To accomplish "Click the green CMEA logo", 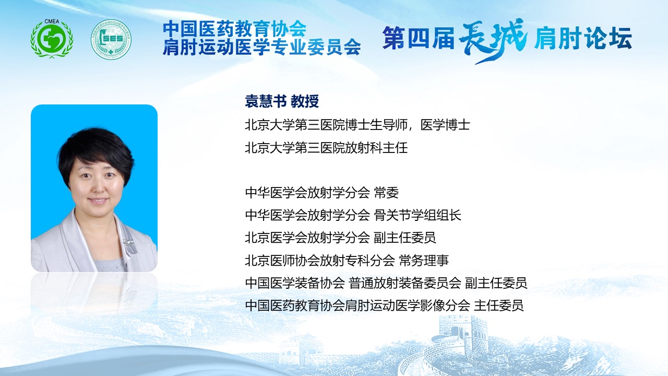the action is click(52, 39).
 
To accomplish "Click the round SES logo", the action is click(111, 39).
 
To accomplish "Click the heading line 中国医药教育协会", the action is click(235, 28).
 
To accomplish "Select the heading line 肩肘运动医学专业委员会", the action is click(262, 47).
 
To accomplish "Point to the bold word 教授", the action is click(305, 101).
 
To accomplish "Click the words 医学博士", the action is click(445, 125).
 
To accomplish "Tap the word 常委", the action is click(386, 193).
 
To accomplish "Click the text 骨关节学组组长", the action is click(417, 215).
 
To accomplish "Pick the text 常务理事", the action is click(424, 260).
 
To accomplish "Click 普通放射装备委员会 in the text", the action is click(405, 283).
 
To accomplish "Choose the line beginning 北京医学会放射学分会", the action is click(340, 238).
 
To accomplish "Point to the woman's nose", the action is click(99, 188).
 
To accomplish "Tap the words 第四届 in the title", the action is click(419, 38).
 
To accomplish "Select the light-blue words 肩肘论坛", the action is click(583, 38).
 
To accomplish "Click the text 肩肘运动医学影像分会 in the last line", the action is click(408, 305).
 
